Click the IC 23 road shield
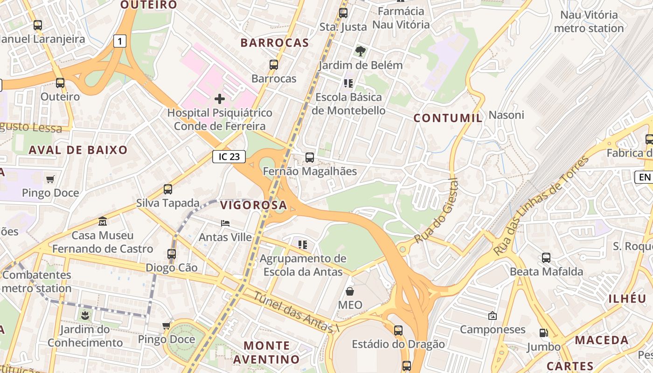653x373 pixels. pos(229,157)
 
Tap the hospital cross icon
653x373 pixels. pos(220,99)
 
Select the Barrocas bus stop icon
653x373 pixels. pos(274,65)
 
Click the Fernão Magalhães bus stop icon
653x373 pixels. pos(310,158)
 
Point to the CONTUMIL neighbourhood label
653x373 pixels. pos(448,118)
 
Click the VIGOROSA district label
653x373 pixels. pos(253,205)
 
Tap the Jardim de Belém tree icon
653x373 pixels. pos(360,51)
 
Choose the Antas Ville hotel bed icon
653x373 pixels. pos(225,223)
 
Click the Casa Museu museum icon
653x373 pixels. pos(103,221)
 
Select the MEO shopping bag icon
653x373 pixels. pos(350,292)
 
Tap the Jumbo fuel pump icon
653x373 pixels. pos(543,333)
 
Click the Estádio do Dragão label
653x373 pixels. pos(398,345)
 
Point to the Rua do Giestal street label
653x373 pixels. pos(437,211)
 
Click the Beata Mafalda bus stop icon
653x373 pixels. pos(546,257)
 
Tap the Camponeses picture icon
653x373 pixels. pos(492,316)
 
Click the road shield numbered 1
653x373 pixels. pos(120,41)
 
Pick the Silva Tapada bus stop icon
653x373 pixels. pos(168,189)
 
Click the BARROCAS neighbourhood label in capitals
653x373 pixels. pos(275,43)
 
